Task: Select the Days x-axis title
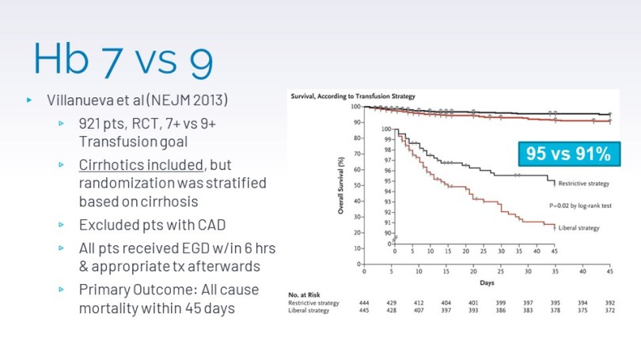pos(486,282)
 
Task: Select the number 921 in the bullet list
pos(93,123)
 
